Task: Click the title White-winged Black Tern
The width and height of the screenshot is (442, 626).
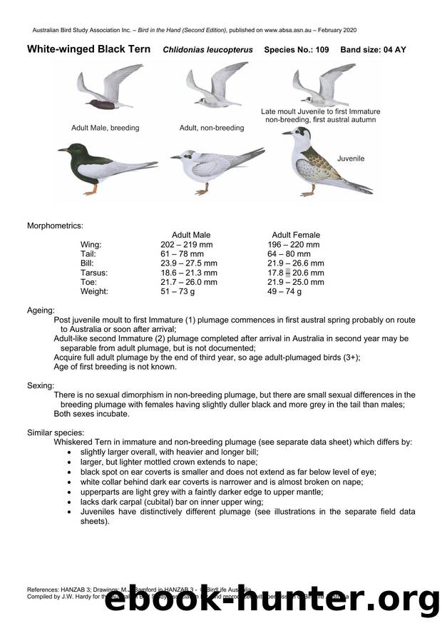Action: (88, 49)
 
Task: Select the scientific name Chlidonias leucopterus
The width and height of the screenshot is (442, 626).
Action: (206, 50)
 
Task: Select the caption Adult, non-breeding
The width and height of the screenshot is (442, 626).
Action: (211, 128)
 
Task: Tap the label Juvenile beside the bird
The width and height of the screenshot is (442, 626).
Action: (351, 158)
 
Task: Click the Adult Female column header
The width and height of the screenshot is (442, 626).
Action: (296, 235)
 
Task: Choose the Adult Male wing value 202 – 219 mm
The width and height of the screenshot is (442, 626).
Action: (186, 244)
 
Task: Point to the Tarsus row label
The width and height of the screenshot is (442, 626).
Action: (94, 273)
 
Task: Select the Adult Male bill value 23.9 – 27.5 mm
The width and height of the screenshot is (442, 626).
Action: (189, 263)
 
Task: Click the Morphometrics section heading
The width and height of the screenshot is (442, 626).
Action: (55, 226)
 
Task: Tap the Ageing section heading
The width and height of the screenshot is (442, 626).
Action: (41, 311)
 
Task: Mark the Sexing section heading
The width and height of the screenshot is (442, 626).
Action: (41, 385)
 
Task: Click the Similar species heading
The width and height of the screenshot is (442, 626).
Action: (56, 433)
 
